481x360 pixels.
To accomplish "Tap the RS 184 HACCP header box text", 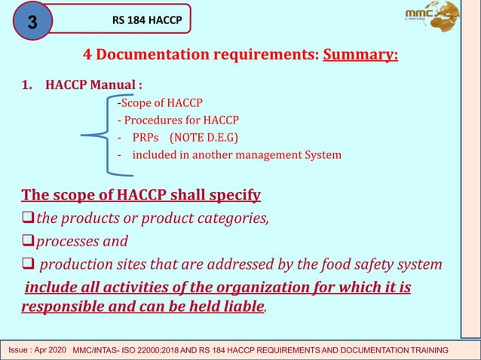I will pos(147,20).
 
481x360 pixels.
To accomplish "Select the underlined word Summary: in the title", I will pos(360,56).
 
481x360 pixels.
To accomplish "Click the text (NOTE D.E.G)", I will pos(205,137).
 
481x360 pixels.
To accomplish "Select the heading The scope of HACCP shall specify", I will pos(141,196).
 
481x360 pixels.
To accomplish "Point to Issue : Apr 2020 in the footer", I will pos(37,351).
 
